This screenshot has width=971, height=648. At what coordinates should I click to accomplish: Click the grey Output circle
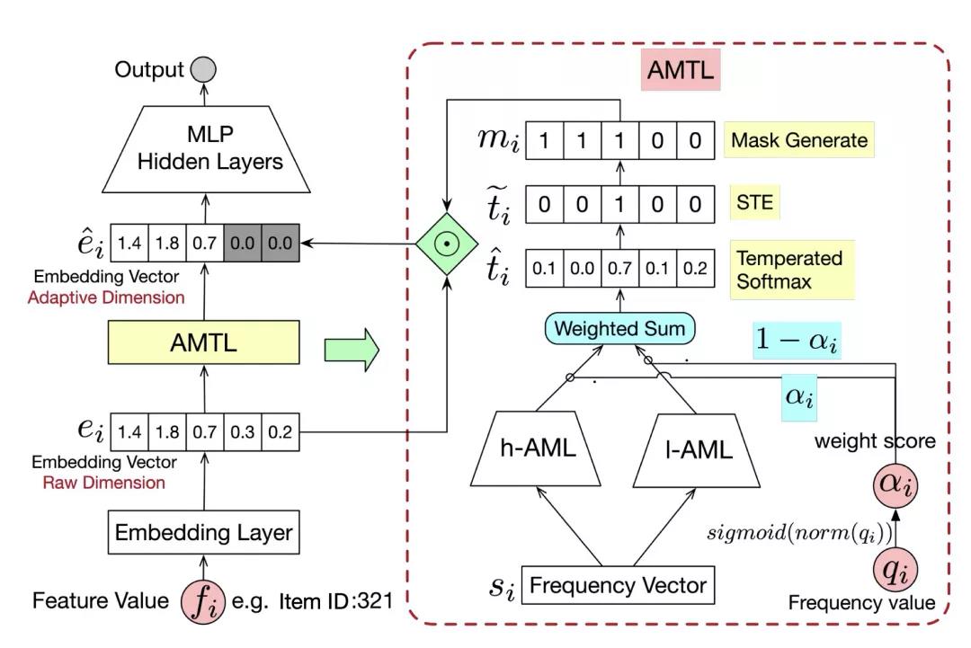pyautogui.click(x=202, y=69)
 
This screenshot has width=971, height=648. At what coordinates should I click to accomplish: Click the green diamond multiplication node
pyautogui.click(x=446, y=243)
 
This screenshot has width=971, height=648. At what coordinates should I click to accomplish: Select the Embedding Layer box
pyautogui.click(x=204, y=532)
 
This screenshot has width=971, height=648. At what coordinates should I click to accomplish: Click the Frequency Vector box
pyautogui.click(x=619, y=586)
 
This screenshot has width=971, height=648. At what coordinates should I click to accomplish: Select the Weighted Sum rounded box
pyautogui.click(x=619, y=328)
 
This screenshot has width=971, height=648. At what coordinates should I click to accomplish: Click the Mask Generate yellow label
pyautogui.click(x=799, y=140)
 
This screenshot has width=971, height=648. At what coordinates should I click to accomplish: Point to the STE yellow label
pyautogui.click(x=751, y=203)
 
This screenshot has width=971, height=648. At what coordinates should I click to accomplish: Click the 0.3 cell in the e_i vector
pyautogui.click(x=243, y=433)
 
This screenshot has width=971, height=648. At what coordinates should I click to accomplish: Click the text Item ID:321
pyautogui.click(x=337, y=600)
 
